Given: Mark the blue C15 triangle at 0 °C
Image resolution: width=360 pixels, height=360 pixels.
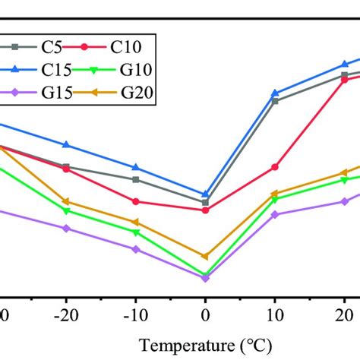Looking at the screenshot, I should click(x=205, y=194).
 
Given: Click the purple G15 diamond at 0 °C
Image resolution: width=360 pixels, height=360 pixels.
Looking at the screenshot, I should click(x=205, y=278).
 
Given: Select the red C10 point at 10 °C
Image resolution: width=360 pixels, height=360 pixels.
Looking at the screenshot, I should click(x=275, y=167).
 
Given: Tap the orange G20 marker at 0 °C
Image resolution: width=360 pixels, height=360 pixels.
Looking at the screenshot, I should click(x=205, y=257).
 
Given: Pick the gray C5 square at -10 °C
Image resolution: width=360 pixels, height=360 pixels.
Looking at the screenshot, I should click(x=135, y=179).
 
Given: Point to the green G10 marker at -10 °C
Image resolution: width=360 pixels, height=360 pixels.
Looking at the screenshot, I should click(x=135, y=232).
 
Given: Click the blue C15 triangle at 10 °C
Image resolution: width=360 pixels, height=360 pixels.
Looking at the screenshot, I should click(x=275, y=93).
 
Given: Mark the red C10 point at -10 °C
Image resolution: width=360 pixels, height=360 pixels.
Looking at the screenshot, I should click(x=135, y=201).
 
